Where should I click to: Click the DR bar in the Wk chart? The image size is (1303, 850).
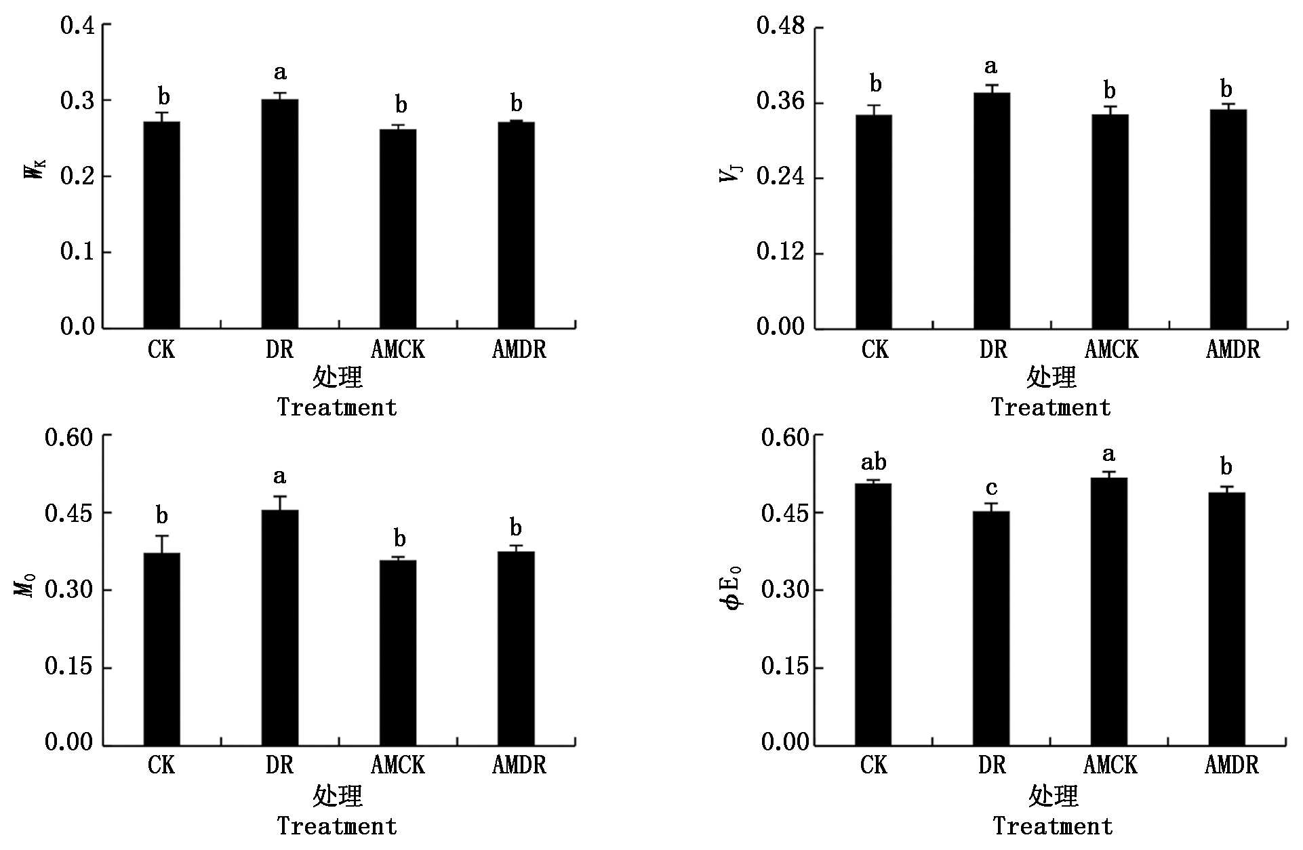pyautogui.click(x=279, y=214)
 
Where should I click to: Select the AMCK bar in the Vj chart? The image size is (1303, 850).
pyautogui.click(x=1110, y=222)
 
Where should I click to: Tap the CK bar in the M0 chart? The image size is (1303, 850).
pyautogui.click(x=161, y=649)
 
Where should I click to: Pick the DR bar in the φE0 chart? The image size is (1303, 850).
pyautogui.click(x=991, y=628)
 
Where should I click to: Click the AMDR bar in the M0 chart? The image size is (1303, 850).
pyautogui.click(x=516, y=649)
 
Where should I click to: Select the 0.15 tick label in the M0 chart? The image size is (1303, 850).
pyautogui.click(x=68, y=667)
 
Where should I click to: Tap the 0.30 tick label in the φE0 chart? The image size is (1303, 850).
pyautogui.click(x=785, y=590)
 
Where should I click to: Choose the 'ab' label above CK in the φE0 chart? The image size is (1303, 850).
pyautogui.click(x=873, y=462)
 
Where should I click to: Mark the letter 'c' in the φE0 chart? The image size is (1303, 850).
pyautogui.click(x=991, y=489)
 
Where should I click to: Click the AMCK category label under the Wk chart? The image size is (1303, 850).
pyautogui.click(x=398, y=349)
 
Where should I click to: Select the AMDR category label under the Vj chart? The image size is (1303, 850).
pyautogui.click(x=1232, y=349)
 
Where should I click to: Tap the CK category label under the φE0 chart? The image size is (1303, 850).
pyautogui.click(x=873, y=765)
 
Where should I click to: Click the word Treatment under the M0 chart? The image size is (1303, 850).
pyautogui.click(x=337, y=826)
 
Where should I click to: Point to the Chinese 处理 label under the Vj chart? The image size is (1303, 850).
pyautogui.click(x=1051, y=377)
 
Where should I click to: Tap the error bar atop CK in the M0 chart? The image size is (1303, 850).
pyautogui.click(x=161, y=544)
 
